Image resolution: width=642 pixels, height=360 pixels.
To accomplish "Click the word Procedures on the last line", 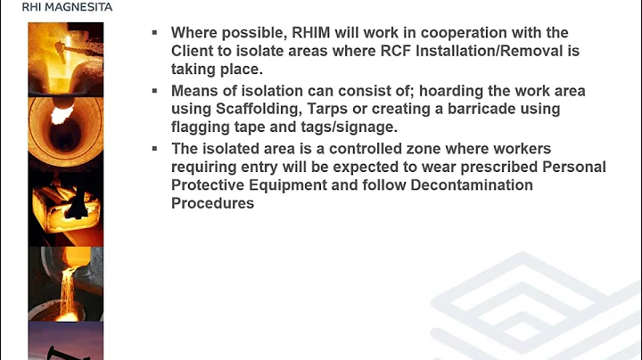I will [212, 203].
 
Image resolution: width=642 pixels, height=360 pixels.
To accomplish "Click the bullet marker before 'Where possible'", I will [154, 33].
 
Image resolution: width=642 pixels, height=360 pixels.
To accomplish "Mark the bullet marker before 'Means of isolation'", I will [154, 91].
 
